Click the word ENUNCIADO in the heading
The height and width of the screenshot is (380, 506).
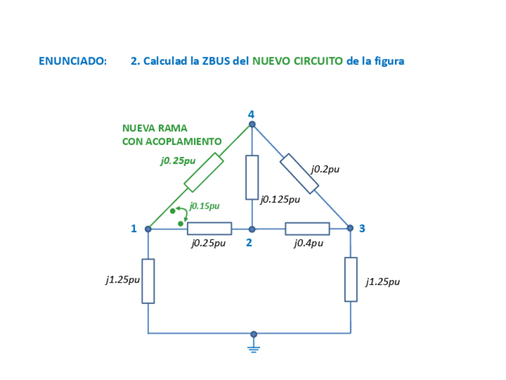pos(73,61)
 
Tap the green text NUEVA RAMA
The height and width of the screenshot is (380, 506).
pos(155,128)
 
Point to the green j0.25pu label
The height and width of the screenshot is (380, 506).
pos(177,161)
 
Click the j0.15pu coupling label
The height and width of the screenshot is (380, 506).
pos(204,206)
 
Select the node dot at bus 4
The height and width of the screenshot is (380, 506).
pos(252,124)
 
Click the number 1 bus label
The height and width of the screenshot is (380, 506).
pos(134,228)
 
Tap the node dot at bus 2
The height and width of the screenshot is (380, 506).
pos(252,229)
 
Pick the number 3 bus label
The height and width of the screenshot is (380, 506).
pos(362,228)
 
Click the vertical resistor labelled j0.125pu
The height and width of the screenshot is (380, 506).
pos(252,177)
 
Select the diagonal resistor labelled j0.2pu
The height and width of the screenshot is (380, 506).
pos(300,174)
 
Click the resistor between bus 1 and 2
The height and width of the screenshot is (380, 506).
pos(209,228)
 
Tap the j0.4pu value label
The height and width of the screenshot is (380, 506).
pos(308,243)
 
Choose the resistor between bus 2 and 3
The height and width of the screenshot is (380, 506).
pos(307,228)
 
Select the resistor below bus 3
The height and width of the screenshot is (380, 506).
pos(351,280)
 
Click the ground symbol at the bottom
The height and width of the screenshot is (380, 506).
pos(254,347)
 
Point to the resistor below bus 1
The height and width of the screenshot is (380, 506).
pos(148,281)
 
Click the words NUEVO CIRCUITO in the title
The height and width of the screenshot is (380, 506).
pos(297,61)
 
